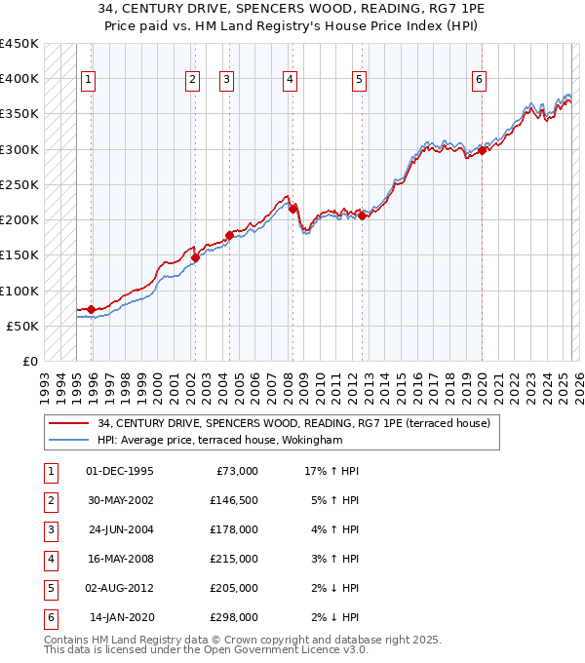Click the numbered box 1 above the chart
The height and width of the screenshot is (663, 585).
point(89,80)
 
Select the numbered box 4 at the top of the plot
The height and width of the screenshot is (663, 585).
point(291,80)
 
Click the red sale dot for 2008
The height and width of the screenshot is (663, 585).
point(292,208)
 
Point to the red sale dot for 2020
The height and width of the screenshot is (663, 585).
point(482,150)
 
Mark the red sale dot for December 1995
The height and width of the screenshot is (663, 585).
point(91,309)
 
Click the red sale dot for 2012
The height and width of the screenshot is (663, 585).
point(362,215)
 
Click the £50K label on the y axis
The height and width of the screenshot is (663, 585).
point(24,326)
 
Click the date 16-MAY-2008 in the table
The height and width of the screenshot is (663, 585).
point(121,560)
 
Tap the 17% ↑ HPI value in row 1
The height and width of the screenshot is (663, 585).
point(331,471)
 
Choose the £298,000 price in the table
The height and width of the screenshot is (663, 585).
point(234,617)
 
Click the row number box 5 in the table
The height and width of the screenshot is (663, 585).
point(50,589)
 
